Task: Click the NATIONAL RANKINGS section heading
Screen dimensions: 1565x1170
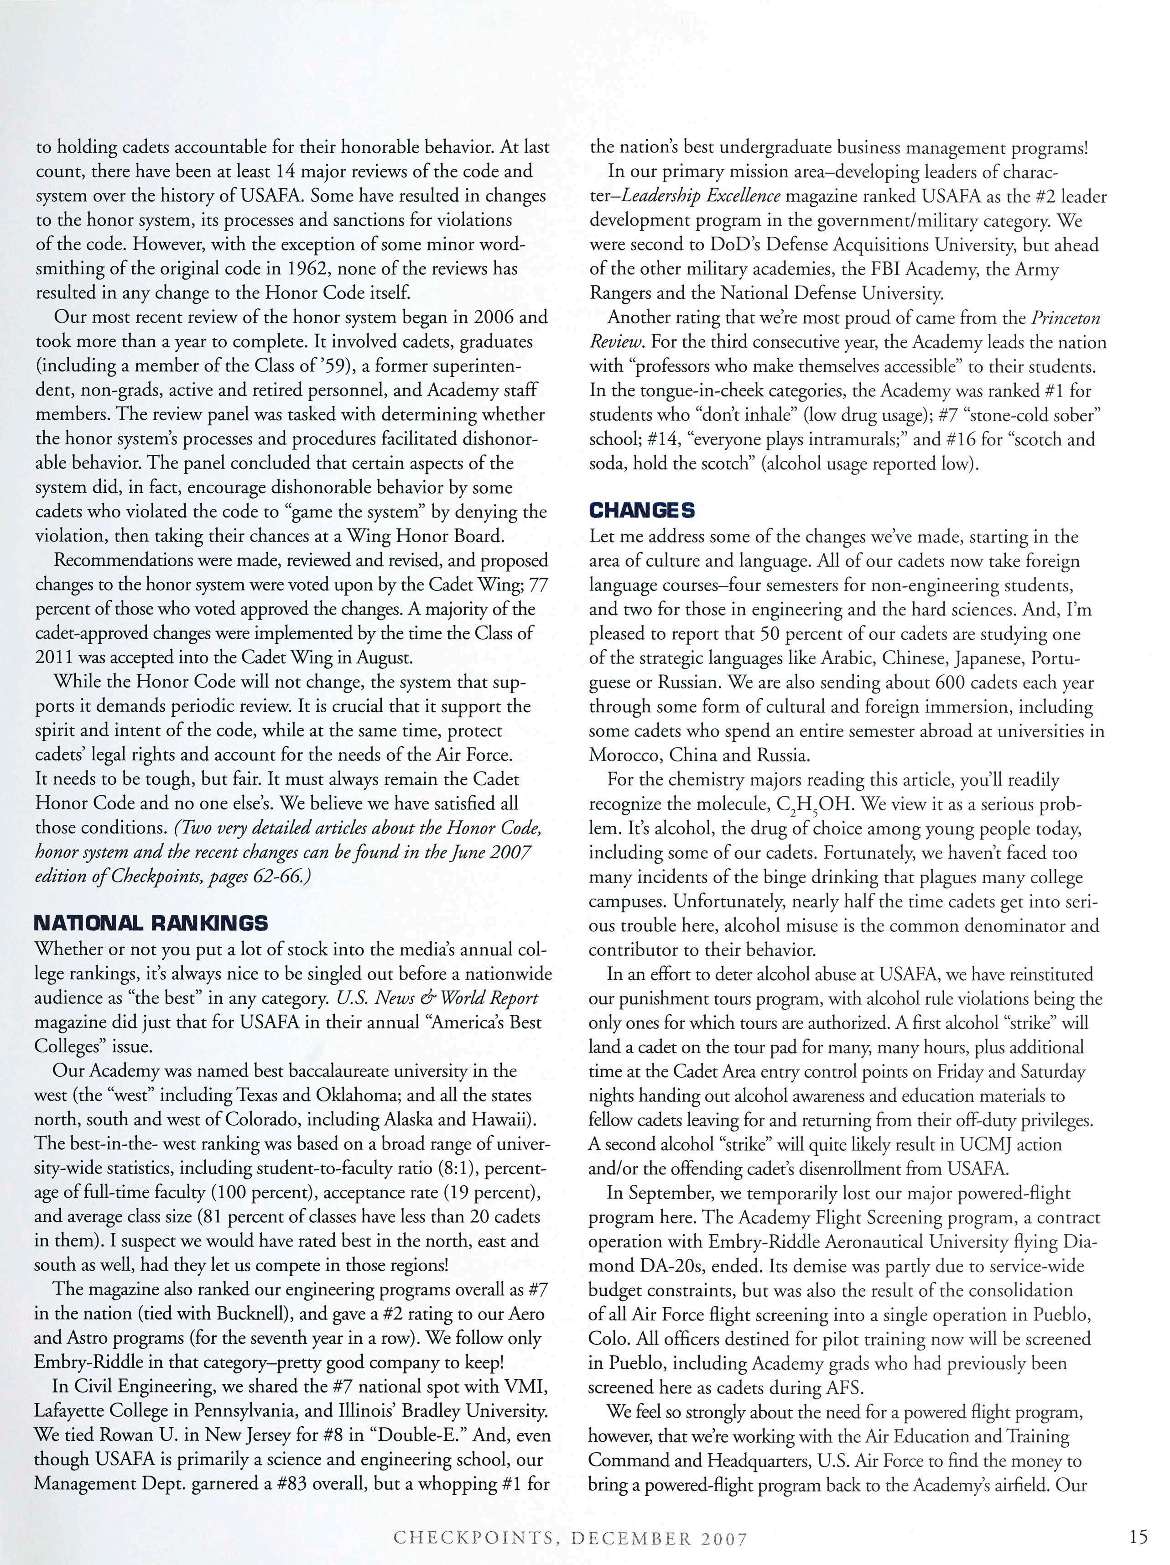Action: click(151, 923)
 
